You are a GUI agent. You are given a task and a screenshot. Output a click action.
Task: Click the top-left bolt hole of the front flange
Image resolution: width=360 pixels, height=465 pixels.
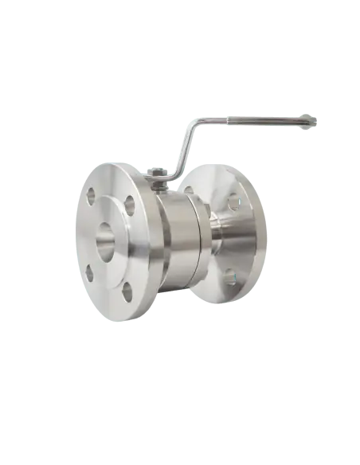coord(92,193)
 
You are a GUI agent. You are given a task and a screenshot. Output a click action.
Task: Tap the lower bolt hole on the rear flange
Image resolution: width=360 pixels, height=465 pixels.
coord(230,278)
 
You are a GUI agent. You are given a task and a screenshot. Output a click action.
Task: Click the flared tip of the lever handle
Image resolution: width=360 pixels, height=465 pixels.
coord(308,120)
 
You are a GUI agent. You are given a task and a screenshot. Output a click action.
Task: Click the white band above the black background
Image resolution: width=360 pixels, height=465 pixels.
coord(180,48)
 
